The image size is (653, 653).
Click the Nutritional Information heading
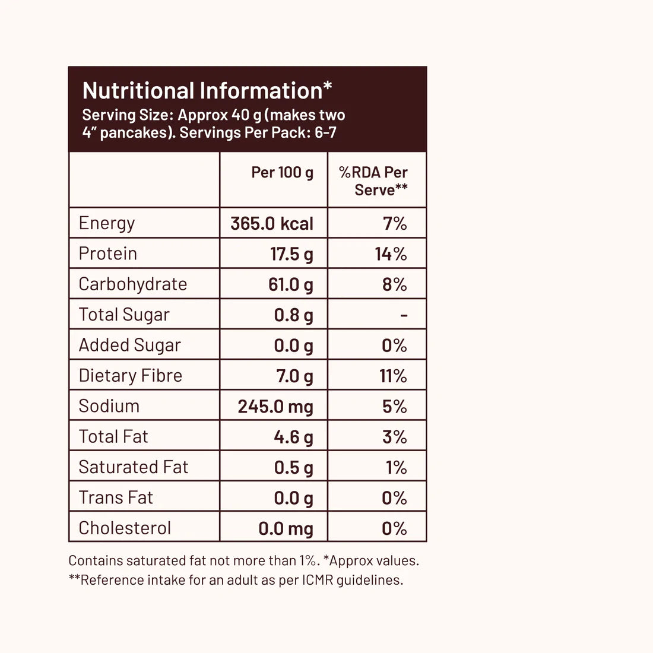207,91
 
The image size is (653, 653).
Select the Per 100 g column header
282,173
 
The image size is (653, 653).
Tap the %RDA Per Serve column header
373,181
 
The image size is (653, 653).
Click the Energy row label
107,223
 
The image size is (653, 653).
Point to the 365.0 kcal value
272,224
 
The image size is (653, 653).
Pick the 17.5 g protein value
291,254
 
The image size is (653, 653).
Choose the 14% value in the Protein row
391,254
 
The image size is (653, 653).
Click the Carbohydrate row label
133,284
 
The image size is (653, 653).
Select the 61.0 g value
290,285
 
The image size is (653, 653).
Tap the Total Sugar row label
124,315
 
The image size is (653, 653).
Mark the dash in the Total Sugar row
404,315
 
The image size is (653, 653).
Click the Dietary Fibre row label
131,376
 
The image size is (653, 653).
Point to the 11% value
393,376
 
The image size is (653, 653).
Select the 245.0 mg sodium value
275,407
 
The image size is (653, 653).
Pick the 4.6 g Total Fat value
293,437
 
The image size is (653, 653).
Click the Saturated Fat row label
134,467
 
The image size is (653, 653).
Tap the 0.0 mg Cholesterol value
286,528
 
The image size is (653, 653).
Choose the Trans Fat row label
116,497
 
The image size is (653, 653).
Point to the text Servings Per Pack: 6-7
258,132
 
